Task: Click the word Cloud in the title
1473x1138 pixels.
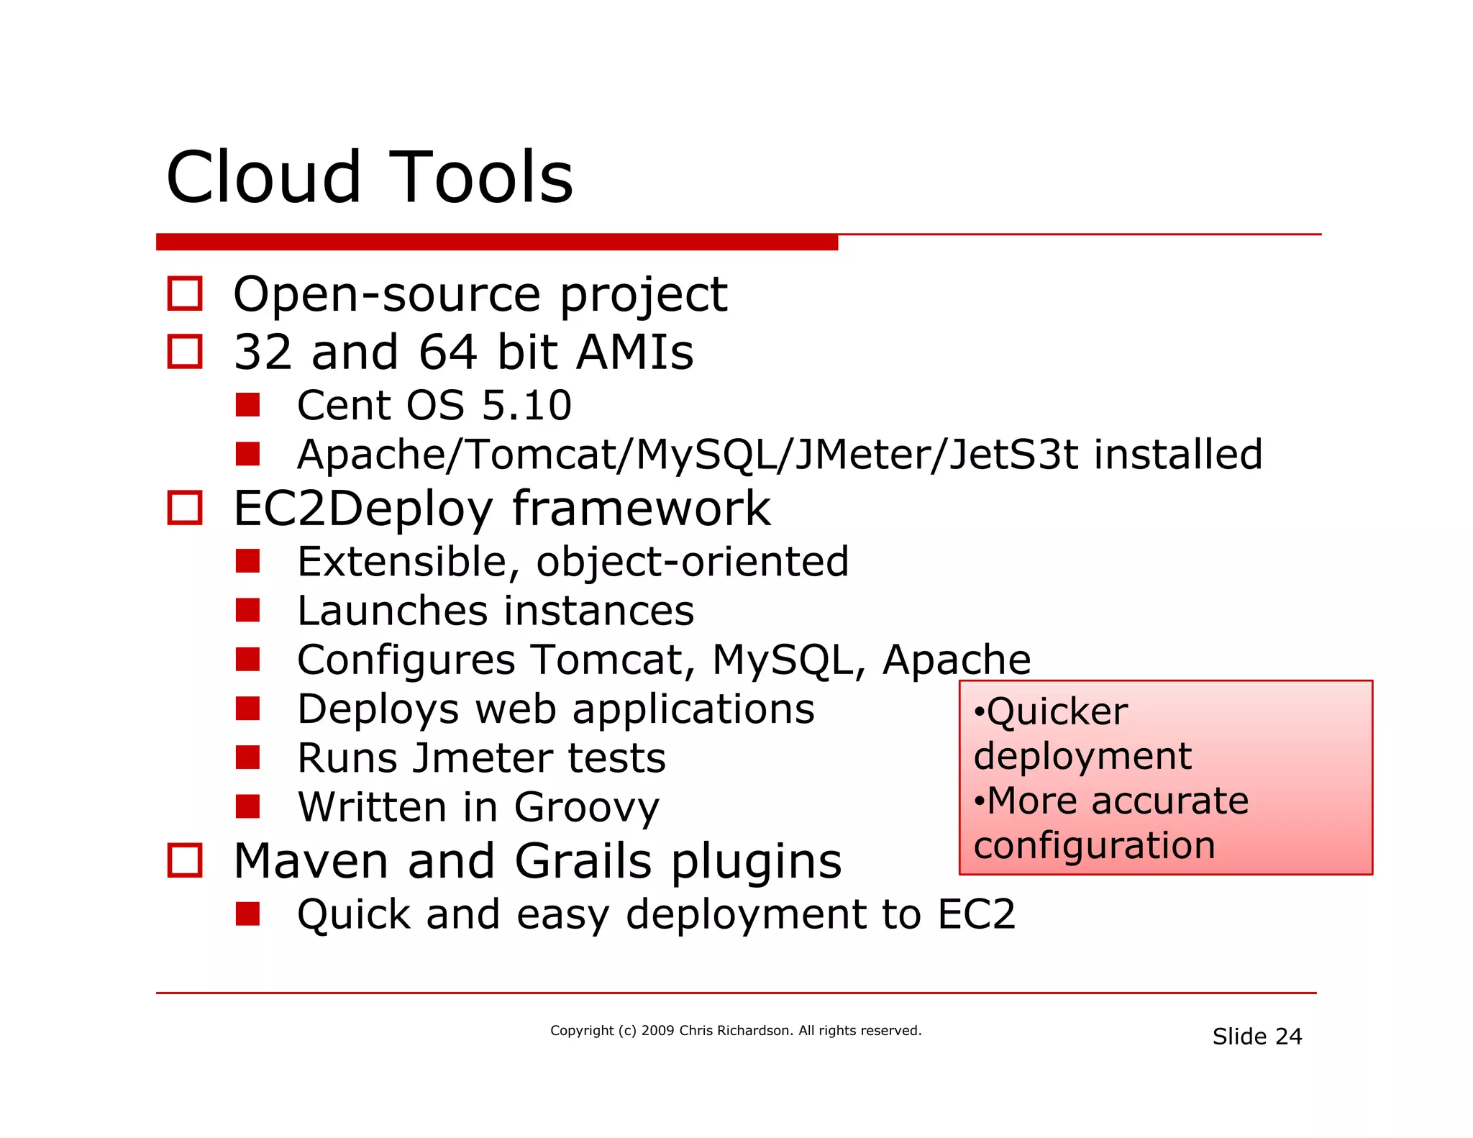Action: click(x=263, y=177)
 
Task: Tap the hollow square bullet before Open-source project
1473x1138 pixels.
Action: click(x=185, y=293)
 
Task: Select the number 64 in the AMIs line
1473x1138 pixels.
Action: click(x=447, y=352)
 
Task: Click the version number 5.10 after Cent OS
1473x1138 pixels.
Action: click(x=526, y=405)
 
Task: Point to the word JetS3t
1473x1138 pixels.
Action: click(x=1013, y=455)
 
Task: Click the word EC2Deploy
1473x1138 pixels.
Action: click(x=363, y=509)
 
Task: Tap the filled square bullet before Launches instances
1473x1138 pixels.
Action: click(x=247, y=610)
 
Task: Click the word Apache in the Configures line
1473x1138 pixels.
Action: click(x=956, y=660)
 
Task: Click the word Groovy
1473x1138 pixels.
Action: click(x=586, y=807)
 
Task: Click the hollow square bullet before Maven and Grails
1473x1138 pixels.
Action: click(x=185, y=860)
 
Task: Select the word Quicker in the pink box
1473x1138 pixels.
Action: click(x=1057, y=712)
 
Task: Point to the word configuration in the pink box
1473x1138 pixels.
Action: click(x=1094, y=845)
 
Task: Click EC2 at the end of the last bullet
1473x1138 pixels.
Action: click(x=976, y=914)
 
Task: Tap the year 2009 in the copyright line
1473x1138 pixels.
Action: click(x=657, y=1030)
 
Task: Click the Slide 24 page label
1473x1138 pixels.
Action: click(x=1257, y=1037)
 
